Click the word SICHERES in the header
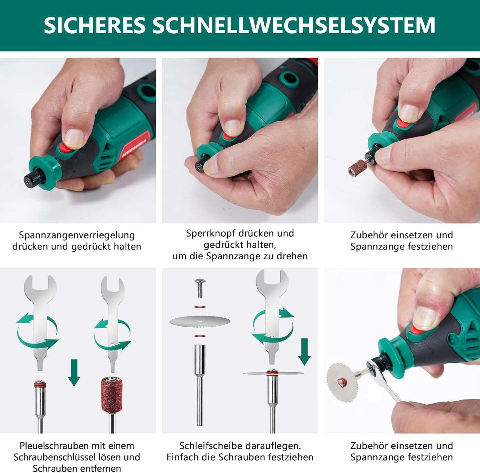point(94,25)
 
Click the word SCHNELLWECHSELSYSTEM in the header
point(293,25)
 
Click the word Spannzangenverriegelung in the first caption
point(77,235)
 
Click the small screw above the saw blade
point(200,288)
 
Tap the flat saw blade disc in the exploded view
point(200,321)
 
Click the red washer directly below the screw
point(200,307)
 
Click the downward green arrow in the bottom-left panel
point(74,372)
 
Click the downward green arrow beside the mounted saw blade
point(304,352)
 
